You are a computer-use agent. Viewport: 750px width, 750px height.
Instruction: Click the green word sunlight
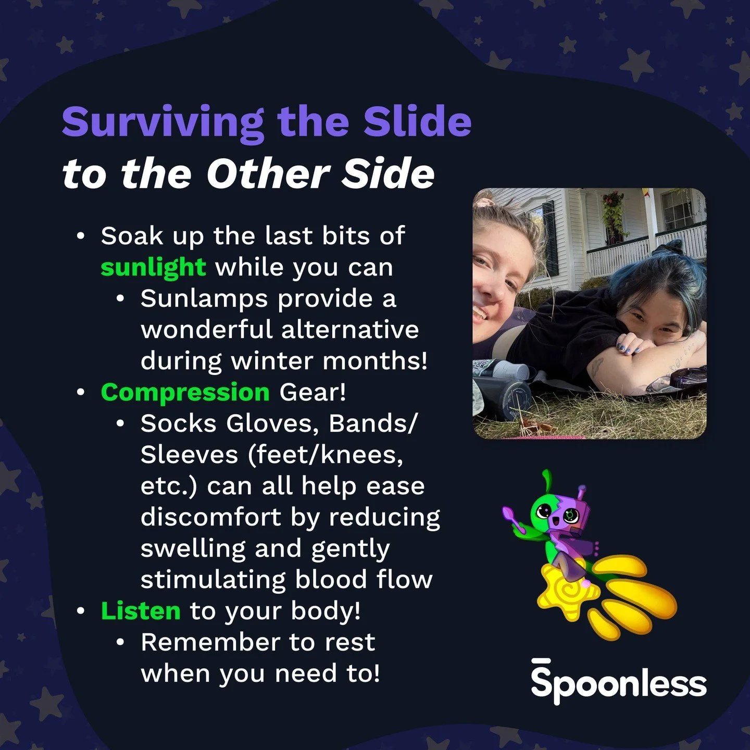pos(153,268)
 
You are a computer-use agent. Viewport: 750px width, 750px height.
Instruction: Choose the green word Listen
pos(141,611)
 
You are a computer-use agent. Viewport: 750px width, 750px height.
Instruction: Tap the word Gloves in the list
pos(272,423)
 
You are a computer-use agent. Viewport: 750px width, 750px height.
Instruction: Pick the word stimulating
pos(213,580)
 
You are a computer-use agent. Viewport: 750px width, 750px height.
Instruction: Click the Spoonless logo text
pos(619,683)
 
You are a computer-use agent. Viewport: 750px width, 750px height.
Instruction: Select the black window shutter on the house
pos(549,234)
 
